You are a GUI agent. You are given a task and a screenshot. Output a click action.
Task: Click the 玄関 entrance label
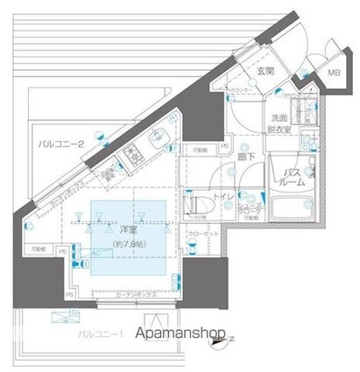(x=266, y=71)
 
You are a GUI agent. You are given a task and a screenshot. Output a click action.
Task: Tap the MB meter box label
(x=334, y=76)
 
